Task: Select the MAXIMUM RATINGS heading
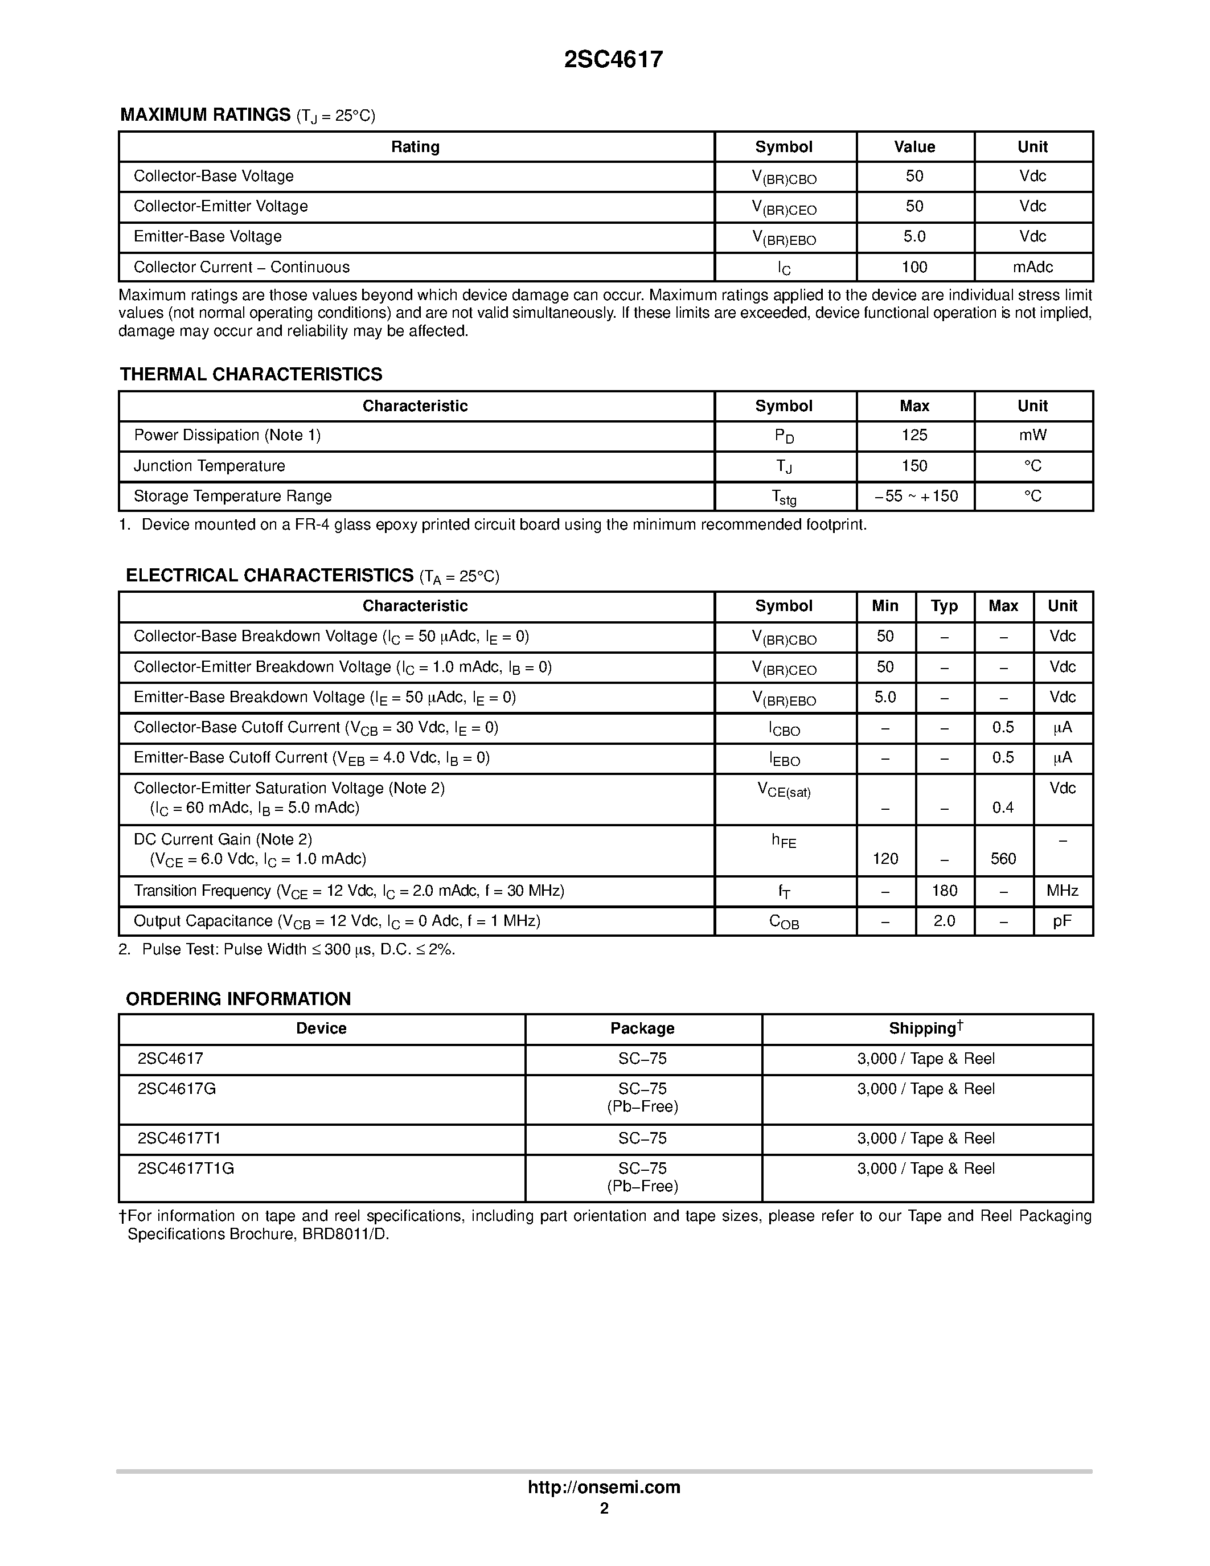click(205, 114)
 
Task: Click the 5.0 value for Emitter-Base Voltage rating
click(914, 237)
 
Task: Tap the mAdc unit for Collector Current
click(1032, 267)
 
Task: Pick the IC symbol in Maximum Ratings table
click(784, 268)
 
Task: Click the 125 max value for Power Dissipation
click(914, 435)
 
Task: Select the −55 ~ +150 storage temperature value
click(916, 496)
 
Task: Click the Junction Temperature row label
click(210, 466)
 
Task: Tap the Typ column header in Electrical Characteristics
click(944, 606)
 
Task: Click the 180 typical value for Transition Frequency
click(944, 891)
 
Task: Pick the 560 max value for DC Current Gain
click(1003, 859)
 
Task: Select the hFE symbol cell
click(784, 841)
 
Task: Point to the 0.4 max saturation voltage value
click(1003, 808)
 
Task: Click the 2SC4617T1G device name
click(186, 1169)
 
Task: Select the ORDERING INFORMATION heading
click(238, 999)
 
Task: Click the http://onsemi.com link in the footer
click(604, 1487)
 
